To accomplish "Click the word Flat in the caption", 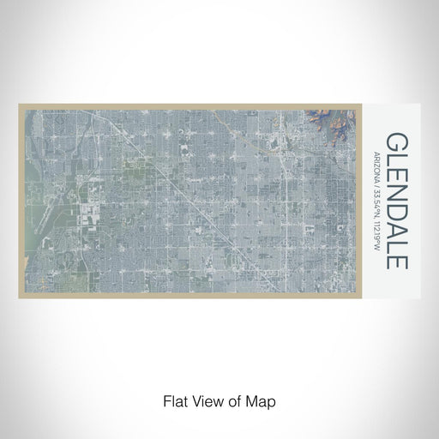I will (x=172, y=399).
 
